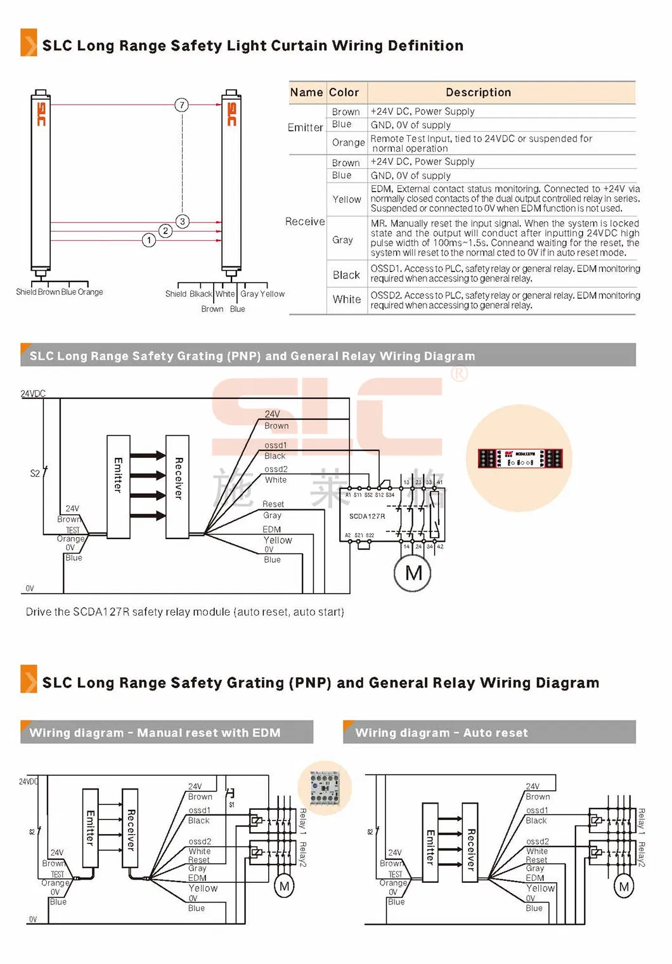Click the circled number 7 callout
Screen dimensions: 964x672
[182, 105]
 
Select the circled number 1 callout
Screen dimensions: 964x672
[149, 240]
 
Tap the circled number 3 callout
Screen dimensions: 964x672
[183, 221]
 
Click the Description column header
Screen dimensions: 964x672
[478, 93]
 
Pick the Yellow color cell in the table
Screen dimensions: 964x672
[347, 199]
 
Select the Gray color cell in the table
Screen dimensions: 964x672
[342, 240]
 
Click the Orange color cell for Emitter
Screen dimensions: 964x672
[348, 143]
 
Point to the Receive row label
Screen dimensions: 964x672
[305, 221]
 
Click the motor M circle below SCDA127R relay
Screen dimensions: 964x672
[413, 573]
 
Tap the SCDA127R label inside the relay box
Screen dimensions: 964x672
[367, 516]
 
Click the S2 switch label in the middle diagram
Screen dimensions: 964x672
[35, 473]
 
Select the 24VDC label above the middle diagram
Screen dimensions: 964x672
[33, 394]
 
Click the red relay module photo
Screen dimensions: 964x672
[519, 459]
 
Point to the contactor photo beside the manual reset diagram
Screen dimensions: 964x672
[325, 787]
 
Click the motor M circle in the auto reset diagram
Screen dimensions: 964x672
[624, 887]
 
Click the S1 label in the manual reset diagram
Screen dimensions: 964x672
[231, 804]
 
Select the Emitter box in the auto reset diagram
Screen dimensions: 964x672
[430, 842]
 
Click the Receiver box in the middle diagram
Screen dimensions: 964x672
[178, 487]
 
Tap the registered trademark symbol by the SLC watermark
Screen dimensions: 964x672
[459, 374]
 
